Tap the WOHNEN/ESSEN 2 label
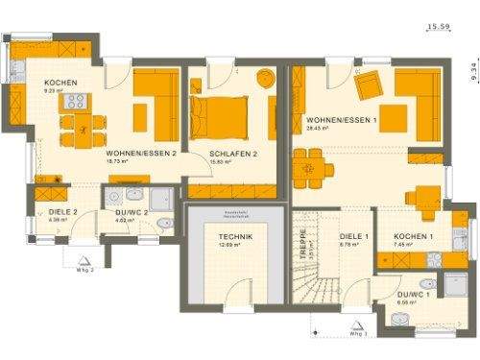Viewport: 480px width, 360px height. pyautogui.click(x=142, y=153)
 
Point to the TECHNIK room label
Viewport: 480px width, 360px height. pyautogui.click(x=235, y=236)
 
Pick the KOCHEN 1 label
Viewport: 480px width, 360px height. pyautogui.click(x=414, y=236)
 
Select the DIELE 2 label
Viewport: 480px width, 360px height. pyautogui.click(x=62, y=213)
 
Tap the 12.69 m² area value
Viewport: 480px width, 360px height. pyautogui.click(x=233, y=244)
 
